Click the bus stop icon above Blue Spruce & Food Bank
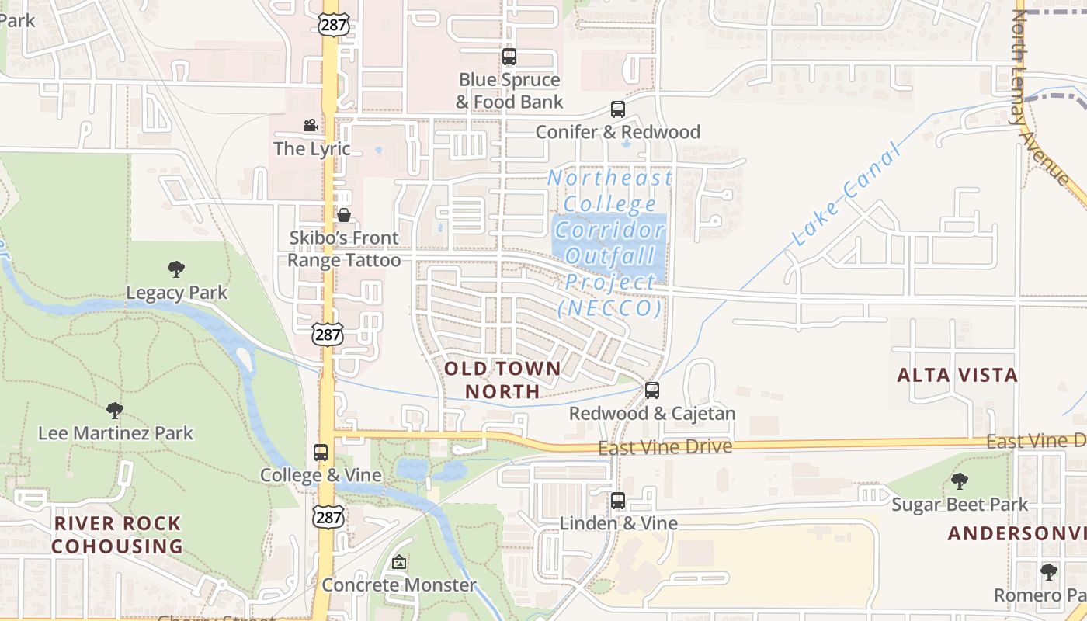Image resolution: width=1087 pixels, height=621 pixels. pyautogui.click(x=509, y=57)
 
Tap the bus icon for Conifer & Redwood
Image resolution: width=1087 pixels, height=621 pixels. pyautogui.click(x=618, y=109)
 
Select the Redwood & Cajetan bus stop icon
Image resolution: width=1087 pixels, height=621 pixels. pyautogui.click(x=652, y=390)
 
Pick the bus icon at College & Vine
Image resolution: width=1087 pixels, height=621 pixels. pyautogui.click(x=321, y=453)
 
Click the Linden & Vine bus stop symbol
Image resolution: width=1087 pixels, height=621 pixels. pyautogui.click(x=618, y=501)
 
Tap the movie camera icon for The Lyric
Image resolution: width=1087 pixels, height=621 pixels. pyautogui.click(x=311, y=126)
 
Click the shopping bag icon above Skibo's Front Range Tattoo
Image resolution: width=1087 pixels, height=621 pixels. pyautogui.click(x=344, y=215)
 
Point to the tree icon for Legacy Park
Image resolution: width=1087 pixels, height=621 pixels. pyautogui.click(x=176, y=269)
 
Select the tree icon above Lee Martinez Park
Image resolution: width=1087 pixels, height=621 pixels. pyautogui.click(x=115, y=410)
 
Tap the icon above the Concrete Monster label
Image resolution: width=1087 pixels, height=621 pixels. pyautogui.click(x=399, y=562)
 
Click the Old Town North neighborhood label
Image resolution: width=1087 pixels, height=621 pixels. pyautogui.click(x=502, y=380)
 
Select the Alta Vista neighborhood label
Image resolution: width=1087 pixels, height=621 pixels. pyautogui.click(x=957, y=376)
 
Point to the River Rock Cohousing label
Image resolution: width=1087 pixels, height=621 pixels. pyautogui.click(x=117, y=535)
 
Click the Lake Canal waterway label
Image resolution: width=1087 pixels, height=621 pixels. pyautogui.click(x=848, y=195)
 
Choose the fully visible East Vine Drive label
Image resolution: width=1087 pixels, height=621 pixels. pyautogui.click(x=665, y=447)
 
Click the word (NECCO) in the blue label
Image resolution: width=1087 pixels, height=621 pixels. pyautogui.click(x=610, y=309)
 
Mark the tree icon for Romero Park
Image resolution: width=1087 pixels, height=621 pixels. pyautogui.click(x=1049, y=572)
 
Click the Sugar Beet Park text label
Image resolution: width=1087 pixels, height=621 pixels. pyautogui.click(x=960, y=505)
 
